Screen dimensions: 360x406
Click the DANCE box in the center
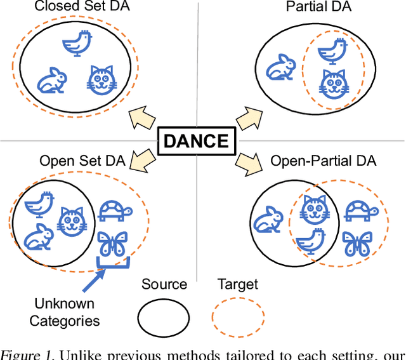click(196, 141)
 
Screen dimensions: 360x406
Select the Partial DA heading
click(318, 8)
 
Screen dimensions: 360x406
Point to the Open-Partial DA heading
click(324, 159)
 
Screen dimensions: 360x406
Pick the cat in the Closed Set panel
click(102, 80)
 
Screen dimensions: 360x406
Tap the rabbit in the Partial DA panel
click(277, 67)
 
